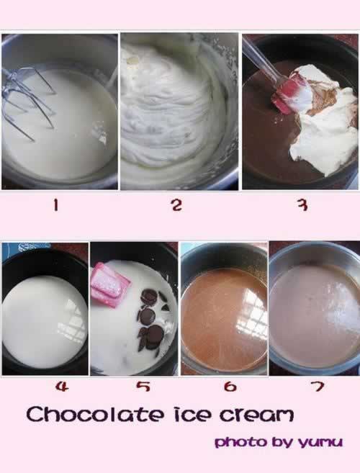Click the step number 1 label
pyautogui.click(x=55, y=206)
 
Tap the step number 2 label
pyautogui.click(x=177, y=205)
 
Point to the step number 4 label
pyautogui.click(x=62, y=387)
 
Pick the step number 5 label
pyautogui.click(x=143, y=387)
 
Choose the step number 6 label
pyautogui.click(x=230, y=387)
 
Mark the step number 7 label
pyautogui.click(x=317, y=386)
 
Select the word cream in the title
pyautogui.click(x=256, y=415)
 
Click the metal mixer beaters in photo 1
pyautogui.click(x=29, y=101)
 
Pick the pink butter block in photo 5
pyautogui.click(x=110, y=285)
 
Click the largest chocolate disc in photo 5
pyautogui.click(x=155, y=333)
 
